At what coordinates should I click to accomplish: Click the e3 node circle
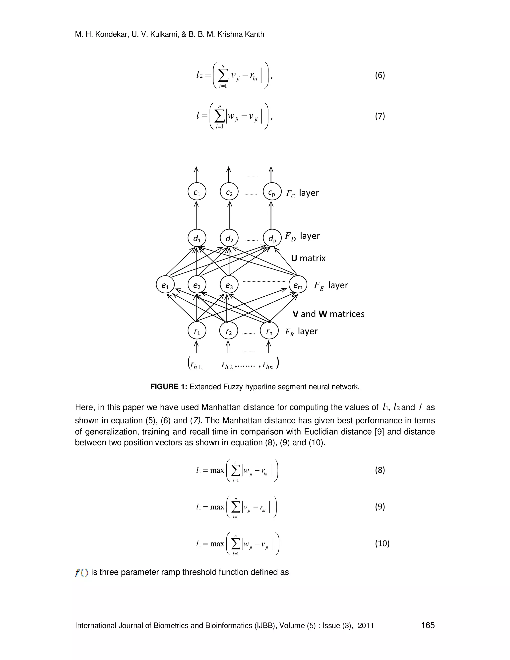tap(229, 285)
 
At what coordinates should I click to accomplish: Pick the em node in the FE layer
tap(298, 285)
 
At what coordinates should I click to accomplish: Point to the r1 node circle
tap(197, 331)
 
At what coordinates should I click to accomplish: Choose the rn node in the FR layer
tap(269, 331)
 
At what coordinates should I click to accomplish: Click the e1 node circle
tap(165, 285)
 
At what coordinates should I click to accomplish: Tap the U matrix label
tap(308, 258)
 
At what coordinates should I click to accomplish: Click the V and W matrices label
tap(328, 314)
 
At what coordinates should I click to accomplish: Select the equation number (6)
tap(380, 75)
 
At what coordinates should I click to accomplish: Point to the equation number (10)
tap(382, 543)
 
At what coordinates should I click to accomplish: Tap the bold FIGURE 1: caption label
tap(169, 387)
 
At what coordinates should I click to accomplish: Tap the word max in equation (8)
tap(217, 470)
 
